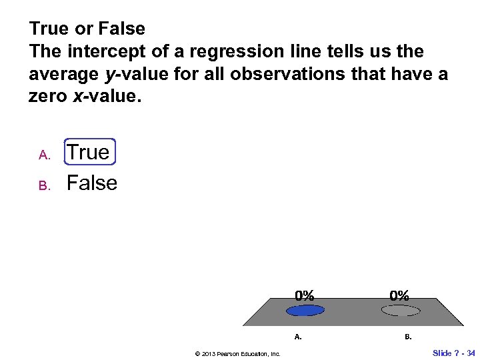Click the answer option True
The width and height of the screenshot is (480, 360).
(89, 152)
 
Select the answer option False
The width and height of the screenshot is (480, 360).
(92, 183)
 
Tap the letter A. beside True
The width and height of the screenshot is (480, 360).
(45, 155)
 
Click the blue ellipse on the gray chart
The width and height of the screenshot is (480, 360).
(305, 310)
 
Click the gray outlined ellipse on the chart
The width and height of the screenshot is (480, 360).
(400, 310)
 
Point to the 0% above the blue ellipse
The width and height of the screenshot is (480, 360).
(305, 295)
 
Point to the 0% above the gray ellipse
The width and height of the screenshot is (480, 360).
(400, 295)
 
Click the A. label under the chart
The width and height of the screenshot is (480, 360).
(298, 337)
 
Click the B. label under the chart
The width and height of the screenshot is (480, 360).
(408, 337)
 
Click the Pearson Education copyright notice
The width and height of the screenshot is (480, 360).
(237, 353)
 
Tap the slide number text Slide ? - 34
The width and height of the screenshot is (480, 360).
(454, 353)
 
